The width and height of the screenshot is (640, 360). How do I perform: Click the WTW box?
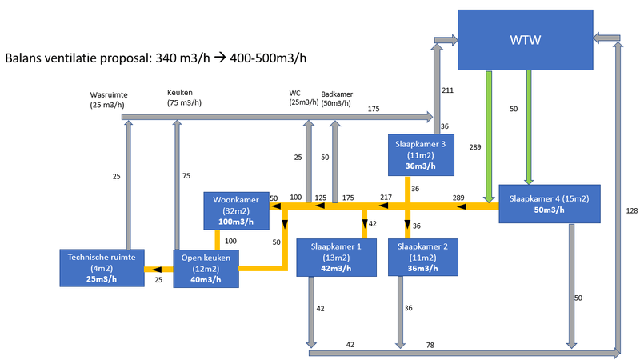[x=525, y=40]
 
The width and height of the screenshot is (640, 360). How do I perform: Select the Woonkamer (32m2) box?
[x=236, y=209]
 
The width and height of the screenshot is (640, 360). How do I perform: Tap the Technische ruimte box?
[x=102, y=267]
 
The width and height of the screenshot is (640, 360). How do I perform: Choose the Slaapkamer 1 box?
[x=336, y=256]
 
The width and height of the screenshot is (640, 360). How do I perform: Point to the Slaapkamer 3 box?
[x=421, y=154]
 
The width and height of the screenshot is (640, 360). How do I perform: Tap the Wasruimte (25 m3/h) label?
[x=109, y=99]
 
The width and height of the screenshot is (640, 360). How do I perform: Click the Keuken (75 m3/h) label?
[x=185, y=97]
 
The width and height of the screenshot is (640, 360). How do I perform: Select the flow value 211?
[x=447, y=90]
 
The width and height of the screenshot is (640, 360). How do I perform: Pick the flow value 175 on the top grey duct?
[x=374, y=109]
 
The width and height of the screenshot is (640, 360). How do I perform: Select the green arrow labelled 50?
[x=528, y=128]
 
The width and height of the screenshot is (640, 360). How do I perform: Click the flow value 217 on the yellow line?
[x=386, y=197]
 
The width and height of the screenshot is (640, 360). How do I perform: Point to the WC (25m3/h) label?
[x=303, y=98]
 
